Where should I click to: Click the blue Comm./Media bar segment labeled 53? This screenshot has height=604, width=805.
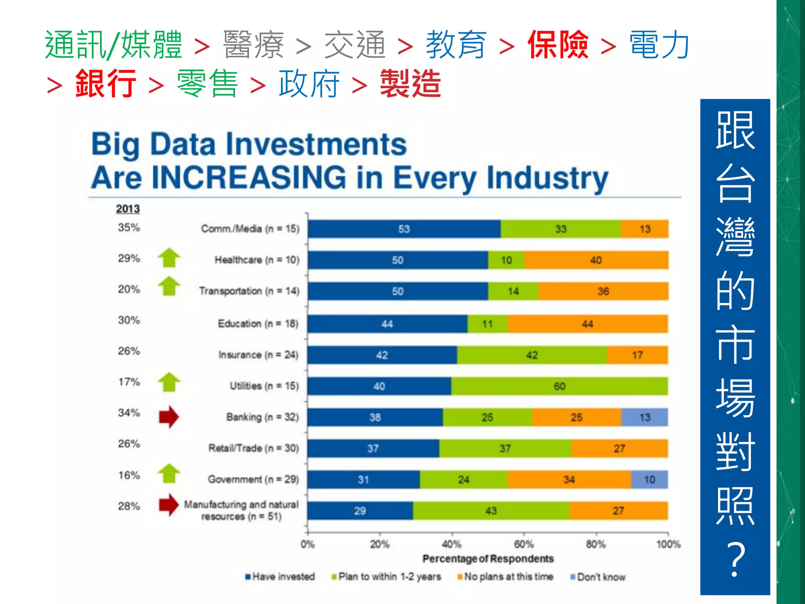[404, 229]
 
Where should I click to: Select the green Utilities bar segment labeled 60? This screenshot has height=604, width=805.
[559, 386]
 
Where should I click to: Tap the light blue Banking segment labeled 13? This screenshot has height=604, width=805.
[645, 417]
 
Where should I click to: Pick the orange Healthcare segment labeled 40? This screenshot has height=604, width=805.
[596, 260]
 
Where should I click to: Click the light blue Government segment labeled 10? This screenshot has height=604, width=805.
[649, 480]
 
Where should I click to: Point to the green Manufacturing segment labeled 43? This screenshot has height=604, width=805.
[491, 511]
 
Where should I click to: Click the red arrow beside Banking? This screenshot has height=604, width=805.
[169, 417]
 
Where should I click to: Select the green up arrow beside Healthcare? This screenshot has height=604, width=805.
[169, 258]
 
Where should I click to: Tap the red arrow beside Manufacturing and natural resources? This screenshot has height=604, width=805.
[169, 505]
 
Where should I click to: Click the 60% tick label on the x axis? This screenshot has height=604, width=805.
[524, 545]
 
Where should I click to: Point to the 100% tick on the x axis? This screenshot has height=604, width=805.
[668, 545]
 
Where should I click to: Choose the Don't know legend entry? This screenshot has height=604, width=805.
[598, 577]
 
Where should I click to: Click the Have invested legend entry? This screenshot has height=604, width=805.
[280, 577]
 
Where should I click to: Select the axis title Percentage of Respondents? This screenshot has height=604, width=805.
[488, 559]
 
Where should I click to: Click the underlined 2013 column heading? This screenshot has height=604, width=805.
[128, 209]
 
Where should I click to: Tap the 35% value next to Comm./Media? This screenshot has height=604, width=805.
[129, 228]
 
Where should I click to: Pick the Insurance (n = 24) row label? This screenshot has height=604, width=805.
[258, 355]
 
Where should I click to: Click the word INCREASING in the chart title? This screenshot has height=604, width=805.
[248, 178]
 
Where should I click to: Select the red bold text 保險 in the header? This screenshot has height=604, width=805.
[558, 45]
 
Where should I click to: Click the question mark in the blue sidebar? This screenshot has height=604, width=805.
[735, 559]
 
